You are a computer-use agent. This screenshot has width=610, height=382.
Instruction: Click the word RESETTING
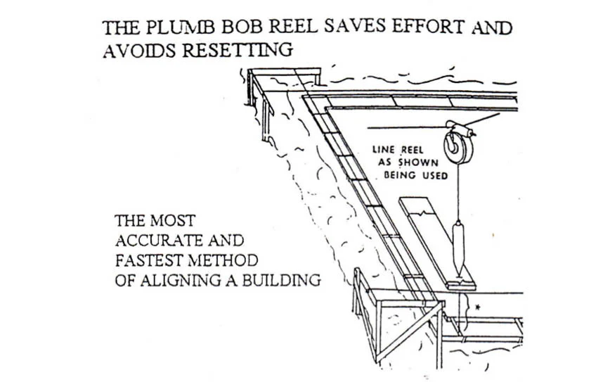tap(238, 50)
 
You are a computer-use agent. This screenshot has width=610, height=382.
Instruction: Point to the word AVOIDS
tap(140, 51)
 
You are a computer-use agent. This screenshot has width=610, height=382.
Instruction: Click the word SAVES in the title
tap(355, 27)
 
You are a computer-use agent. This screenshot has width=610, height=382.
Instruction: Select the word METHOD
tap(223, 260)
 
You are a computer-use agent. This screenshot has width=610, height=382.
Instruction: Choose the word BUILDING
tap(282, 280)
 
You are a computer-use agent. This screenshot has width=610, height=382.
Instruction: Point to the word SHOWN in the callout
tap(418, 163)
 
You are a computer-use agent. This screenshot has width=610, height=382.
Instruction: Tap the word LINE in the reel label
tap(384, 150)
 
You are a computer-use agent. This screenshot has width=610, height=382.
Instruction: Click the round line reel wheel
tap(459, 147)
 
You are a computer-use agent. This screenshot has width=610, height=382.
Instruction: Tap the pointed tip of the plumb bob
tap(459, 274)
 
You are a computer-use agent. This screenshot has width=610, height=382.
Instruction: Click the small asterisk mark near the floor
tap(478, 307)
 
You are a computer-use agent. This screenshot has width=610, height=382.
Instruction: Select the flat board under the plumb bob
tap(437, 243)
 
